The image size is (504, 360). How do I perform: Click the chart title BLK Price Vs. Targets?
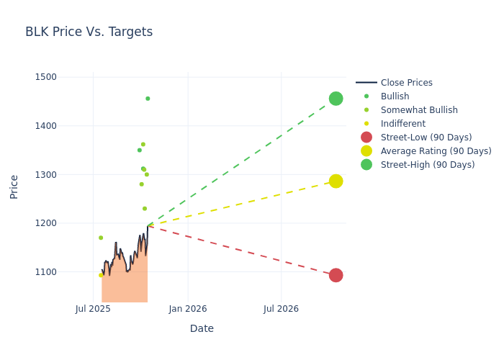tap(89, 32)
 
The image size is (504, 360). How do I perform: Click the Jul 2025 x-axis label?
tap(93, 309)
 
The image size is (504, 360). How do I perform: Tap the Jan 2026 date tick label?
tap(188, 309)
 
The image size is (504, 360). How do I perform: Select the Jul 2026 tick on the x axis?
tap(281, 309)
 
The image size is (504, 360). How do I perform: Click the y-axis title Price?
tap(14, 186)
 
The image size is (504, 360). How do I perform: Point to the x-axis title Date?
tap(202, 328)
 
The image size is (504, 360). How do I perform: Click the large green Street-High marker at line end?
tap(336, 99)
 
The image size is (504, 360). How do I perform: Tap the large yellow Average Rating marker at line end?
tap(336, 181)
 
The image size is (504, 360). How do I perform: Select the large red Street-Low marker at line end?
tap(336, 275)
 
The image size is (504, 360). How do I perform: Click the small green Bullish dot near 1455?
tap(148, 99)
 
